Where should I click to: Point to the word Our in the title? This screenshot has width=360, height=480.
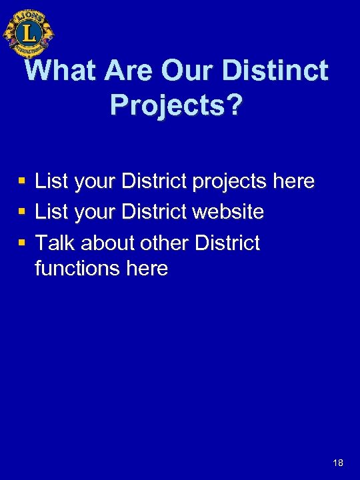(176, 71)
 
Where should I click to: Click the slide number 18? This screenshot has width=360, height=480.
(338, 462)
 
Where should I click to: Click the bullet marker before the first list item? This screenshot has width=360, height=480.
(22, 181)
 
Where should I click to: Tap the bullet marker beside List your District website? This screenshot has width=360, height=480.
(22, 213)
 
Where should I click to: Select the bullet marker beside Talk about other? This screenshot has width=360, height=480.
(22, 243)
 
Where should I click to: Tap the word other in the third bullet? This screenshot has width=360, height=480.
(166, 243)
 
